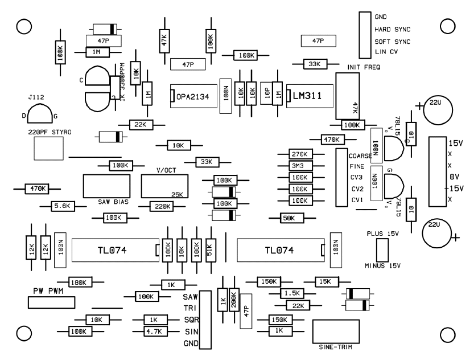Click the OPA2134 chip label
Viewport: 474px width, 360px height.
[x=195, y=97]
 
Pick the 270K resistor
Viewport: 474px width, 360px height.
[x=299, y=154]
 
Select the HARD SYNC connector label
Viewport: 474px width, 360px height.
[x=392, y=30]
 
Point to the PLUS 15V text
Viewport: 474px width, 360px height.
[x=382, y=234]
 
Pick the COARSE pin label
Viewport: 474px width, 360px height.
[x=361, y=155]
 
